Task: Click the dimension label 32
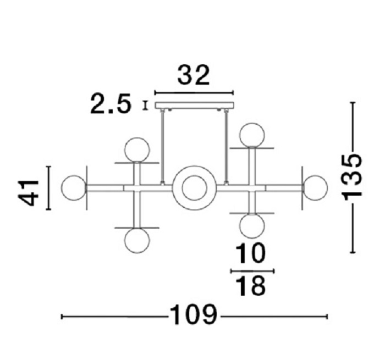pos(194,75)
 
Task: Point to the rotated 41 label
pos(29,193)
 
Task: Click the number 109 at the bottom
pos(194,314)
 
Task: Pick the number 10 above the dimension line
pos(251,253)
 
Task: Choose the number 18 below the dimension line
pos(251,286)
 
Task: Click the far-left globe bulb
pos(74,188)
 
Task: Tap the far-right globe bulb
pos(315,188)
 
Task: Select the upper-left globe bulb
pos(137,149)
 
